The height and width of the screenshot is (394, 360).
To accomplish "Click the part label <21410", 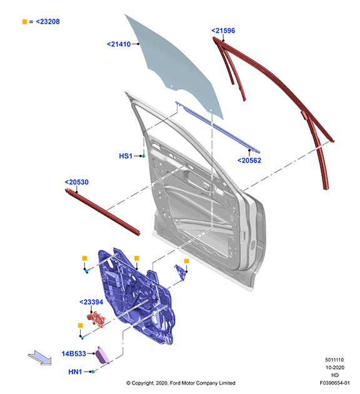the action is point(119,44).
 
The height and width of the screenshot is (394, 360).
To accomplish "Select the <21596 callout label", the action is point(223,31).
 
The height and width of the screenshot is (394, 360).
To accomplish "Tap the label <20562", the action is point(249,160).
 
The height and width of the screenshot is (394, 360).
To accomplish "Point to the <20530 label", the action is point(76,182).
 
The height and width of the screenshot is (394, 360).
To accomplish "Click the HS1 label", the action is point(126,156).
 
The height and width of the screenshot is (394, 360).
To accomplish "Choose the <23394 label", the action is point(91,302).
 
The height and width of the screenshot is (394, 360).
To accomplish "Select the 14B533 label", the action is point(74,353).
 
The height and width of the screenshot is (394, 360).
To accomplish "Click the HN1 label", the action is point(75,372).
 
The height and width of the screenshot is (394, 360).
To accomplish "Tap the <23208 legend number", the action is point(47,22).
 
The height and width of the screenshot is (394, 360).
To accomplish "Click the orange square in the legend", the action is point(24,22).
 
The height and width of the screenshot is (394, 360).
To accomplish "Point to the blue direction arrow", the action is point(40,358).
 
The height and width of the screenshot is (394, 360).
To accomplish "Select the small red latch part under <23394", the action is point(96,319).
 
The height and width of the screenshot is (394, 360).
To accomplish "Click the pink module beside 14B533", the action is point(102,355).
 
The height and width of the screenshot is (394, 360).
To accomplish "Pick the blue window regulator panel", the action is point(136,297).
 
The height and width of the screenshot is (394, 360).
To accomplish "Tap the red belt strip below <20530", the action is point(102,212).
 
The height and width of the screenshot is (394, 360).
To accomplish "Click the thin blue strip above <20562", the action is point(217,127).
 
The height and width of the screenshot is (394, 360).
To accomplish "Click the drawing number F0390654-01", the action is point(334,383).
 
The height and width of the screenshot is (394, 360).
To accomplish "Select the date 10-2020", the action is point(335,368).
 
